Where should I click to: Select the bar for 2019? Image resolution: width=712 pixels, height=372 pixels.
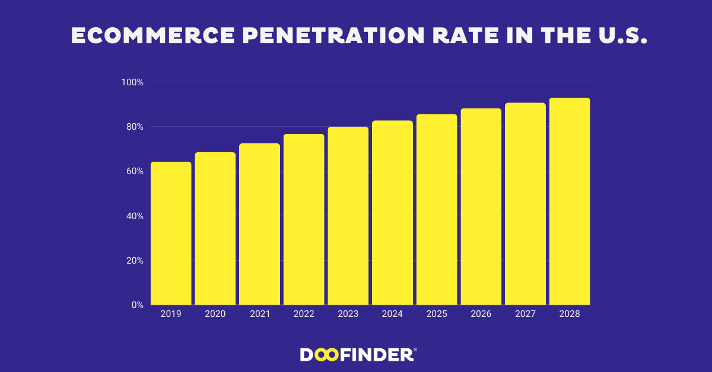pyautogui.click(x=171, y=233)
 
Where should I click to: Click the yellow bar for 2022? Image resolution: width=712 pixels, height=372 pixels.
pyautogui.click(x=304, y=219)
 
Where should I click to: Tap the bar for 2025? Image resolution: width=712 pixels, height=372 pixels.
pyautogui.click(x=437, y=210)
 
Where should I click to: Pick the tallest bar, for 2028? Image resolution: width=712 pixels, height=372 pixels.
pyautogui.click(x=570, y=201)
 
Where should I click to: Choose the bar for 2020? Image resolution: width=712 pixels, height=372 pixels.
pyautogui.click(x=215, y=229)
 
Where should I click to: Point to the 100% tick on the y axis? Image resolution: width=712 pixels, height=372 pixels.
pyautogui.click(x=132, y=82)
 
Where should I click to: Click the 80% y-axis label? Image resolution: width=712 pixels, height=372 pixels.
pyautogui.click(x=134, y=127)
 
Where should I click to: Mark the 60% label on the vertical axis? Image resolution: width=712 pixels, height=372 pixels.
pyautogui.click(x=134, y=171)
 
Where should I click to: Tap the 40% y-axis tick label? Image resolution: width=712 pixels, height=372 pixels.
pyautogui.click(x=134, y=216)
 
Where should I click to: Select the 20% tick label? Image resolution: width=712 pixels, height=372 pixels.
pyautogui.click(x=134, y=261)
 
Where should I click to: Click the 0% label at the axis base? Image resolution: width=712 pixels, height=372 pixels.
pyautogui.click(x=137, y=305)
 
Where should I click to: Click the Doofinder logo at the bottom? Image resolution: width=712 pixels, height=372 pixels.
pyautogui.click(x=358, y=355)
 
